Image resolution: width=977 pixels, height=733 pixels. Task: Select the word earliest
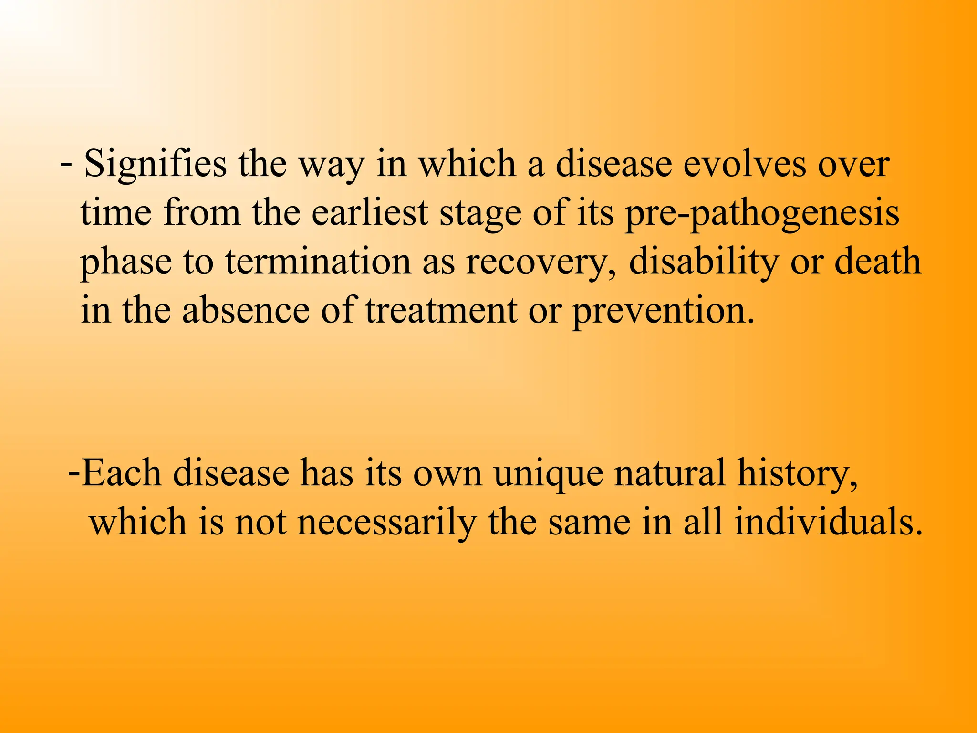point(370,213)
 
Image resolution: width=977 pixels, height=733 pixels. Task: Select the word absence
point(246,311)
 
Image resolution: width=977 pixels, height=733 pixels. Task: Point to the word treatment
point(441,311)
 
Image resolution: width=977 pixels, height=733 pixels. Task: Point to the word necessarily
point(386,523)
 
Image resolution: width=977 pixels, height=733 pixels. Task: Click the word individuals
point(827,522)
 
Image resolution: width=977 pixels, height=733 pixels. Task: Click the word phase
point(125,263)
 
